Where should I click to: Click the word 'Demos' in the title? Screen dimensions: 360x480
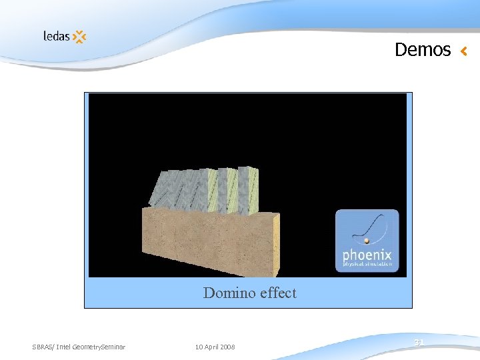coord(423,50)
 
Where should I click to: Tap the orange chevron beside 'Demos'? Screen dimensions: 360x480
coord(464,51)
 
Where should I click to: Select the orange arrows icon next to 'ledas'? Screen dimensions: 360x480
coord(79,37)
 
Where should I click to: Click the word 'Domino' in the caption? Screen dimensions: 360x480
coord(227,293)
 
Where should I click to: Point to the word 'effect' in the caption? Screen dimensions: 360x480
coord(276,293)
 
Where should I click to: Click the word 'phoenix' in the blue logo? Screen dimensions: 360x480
coord(367,255)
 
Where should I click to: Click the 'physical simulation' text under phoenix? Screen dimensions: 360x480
coord(367,265)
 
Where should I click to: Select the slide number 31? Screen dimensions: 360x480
coord(419,342)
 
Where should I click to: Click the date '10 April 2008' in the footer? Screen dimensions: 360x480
coord(215,347)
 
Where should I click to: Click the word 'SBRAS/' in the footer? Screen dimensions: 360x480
coord(43,347)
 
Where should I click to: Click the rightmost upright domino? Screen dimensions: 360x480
coord(248,190)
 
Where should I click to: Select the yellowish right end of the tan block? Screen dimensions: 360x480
coord(274,243)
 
